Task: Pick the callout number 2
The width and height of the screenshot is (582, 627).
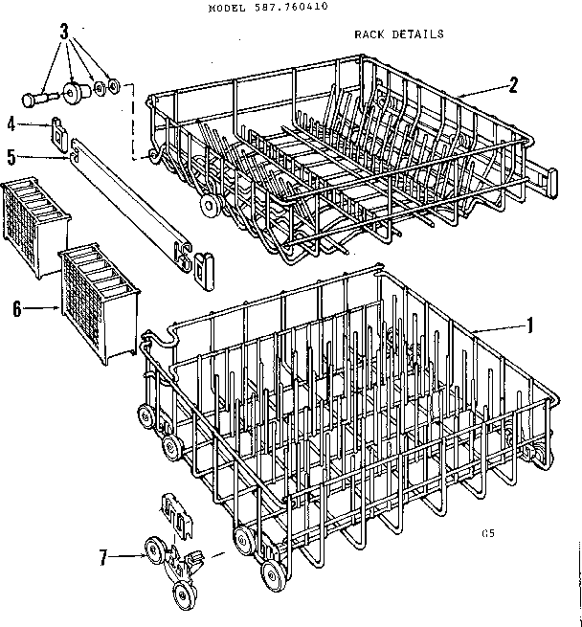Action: [513, 83]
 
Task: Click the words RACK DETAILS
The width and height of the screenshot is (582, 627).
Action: [398, 34]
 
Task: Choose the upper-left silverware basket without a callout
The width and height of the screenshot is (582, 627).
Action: [34, 228]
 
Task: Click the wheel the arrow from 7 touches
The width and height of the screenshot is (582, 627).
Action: [152, 549]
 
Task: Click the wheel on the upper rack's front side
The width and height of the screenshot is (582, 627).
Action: [206, 206]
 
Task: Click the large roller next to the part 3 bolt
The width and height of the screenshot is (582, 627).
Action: [73, 93]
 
